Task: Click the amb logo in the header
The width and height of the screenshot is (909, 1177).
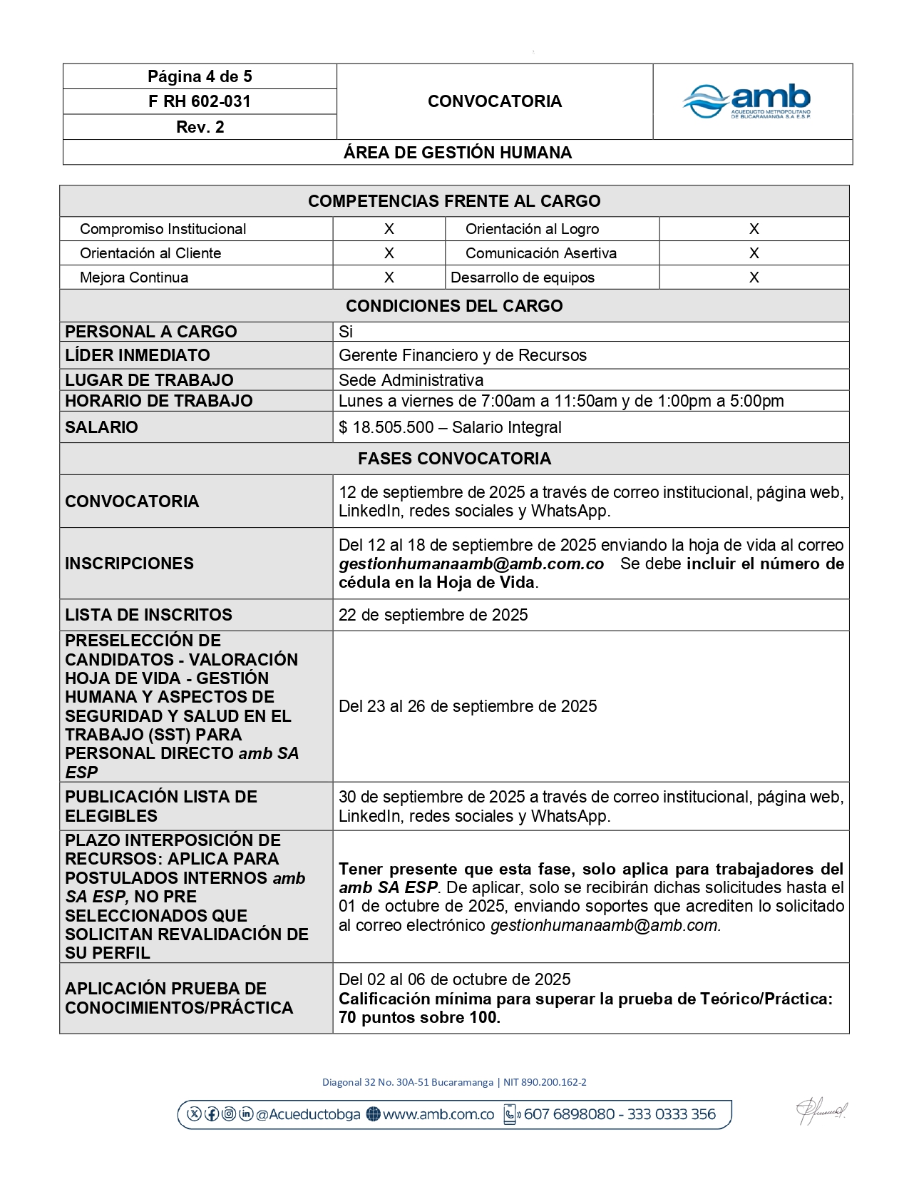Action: pyautogui.click(x=747, y=101)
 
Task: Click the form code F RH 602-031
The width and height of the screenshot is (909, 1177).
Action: pyautogui.click(x=200, y=101)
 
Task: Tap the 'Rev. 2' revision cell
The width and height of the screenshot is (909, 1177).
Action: pyautogui.click(x=200, y=127)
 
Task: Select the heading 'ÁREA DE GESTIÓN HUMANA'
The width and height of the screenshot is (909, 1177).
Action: pyautogui.click(x=458, y=153)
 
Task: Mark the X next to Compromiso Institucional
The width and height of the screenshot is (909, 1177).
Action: pyautogui.click(x=389, y=229)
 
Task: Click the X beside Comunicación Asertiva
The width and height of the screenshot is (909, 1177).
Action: pyautogui.click(x=754, y=253)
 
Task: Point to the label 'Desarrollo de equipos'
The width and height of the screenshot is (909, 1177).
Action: pyautogui.click(x=523, y=277)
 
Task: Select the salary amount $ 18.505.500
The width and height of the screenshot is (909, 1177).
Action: pyautogui.click(x=386, y=427)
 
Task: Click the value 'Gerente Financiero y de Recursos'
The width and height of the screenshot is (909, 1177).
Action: pyautogui.click(x=463, y=355)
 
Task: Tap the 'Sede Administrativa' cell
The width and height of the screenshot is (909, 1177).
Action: pyautogui.click(x=411, y=380)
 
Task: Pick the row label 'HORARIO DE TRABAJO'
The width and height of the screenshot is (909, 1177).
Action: pyautogui.click(x=159, y=401)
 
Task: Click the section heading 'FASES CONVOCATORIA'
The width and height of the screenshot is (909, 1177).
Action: pyautogui.click(x=454, y=459)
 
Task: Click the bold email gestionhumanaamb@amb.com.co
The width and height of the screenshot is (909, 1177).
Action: pyautogui.click(x=471, y=564)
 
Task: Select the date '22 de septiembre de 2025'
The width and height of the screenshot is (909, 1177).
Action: pyautogui.click(x=433, y=615)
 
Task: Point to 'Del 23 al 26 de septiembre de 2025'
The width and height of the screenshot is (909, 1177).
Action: pyautogui.click(x=468, y=706)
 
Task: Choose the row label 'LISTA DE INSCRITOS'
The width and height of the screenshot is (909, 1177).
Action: pyautogui.click(x=148, y=615)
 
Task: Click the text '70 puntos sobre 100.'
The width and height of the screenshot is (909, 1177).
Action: pyautogui.click(x=419, y=1018)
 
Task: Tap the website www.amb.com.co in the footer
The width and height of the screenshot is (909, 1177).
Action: pyautogui.click(x=438, y=1114)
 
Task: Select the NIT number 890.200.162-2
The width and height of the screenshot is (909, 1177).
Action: pyautogui.click(x=554, y=1082)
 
